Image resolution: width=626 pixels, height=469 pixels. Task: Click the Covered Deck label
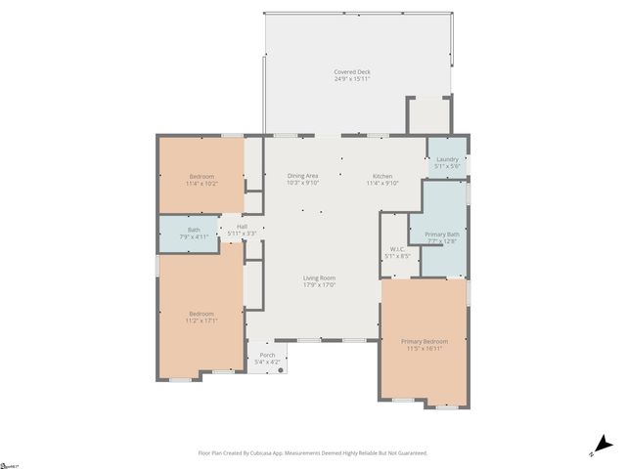[352, 71]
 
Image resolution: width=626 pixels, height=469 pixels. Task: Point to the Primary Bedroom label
[424, 341]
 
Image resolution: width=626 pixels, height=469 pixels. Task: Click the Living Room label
[319, 277]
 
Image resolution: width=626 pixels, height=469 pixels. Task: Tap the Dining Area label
[302, 175]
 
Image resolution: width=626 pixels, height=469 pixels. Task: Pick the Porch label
[267, 355]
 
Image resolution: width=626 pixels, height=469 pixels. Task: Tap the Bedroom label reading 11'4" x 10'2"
[201, 183]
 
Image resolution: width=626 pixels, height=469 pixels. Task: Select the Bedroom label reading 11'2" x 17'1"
[201, 320]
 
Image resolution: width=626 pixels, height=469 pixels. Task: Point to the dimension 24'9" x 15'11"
[352, 79]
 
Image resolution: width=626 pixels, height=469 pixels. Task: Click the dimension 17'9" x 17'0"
[319, 285]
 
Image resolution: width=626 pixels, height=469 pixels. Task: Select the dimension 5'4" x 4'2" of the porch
[267, 362]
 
